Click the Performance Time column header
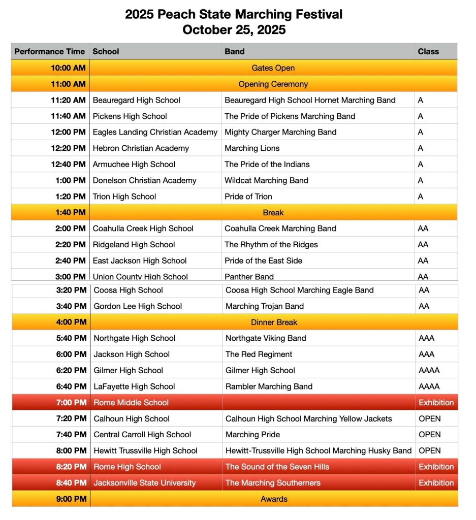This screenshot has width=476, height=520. (50, 51)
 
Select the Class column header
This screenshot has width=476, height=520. (428, 51)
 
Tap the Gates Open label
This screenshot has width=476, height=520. (273, 68)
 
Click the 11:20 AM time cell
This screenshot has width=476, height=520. (68, 100)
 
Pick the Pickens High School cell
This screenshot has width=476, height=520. (130, 116)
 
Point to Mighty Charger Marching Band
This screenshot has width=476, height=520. (280, 132)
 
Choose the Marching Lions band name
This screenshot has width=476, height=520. (252, 148)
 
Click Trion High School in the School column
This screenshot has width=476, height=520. (124, 197)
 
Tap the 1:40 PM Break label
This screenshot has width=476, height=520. (273, 213)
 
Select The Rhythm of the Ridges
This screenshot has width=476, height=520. (271, 245)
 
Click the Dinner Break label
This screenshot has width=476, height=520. (274, 322)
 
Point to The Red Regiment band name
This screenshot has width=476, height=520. (259, 354)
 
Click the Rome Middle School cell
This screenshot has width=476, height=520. (131, 403)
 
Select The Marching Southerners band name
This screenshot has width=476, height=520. (273, 483)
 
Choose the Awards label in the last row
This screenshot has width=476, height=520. (274, 499)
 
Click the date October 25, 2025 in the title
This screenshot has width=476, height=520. (234, 29)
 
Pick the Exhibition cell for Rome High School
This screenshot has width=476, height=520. (436, 467)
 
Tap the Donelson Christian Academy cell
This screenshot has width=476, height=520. (144, 180)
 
